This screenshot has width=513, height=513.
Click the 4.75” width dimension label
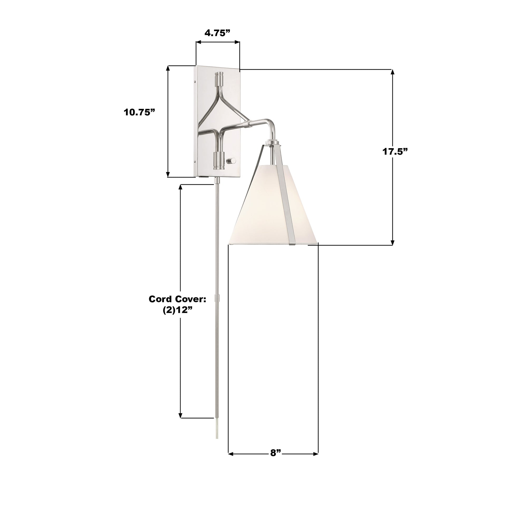coord(217,33)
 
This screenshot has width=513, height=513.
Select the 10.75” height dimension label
coord(139,112)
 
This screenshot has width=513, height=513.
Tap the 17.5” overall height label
coord(395,152)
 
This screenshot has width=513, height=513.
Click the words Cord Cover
coord(177,299)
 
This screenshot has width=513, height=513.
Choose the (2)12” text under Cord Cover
coord(177,310)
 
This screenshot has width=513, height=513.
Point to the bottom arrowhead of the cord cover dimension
coord(181,415)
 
